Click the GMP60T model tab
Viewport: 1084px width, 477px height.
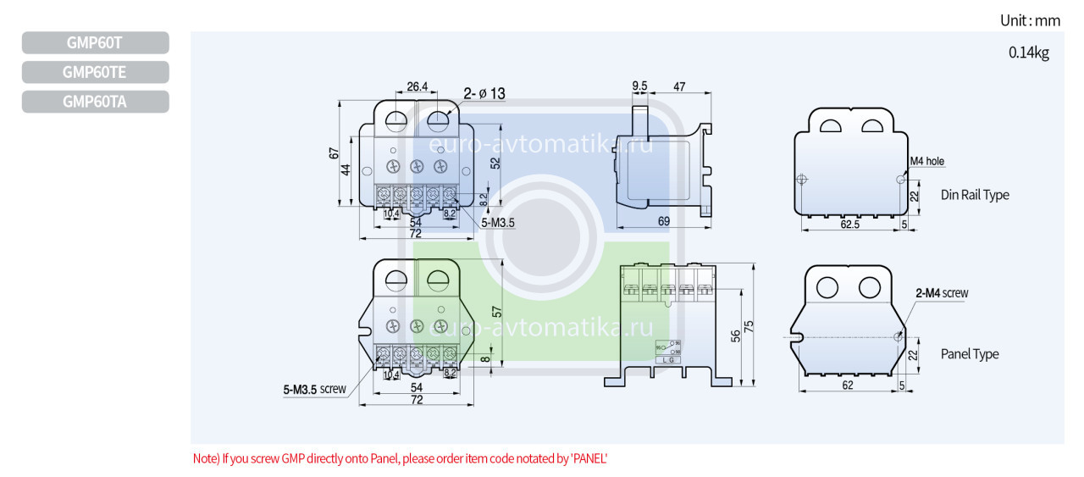(x=95, y=42)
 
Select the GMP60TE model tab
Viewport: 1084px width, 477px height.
(x=95, y=72)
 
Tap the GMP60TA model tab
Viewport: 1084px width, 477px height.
(x=95, y=102)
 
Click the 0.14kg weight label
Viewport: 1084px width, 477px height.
(x=1028, y=53)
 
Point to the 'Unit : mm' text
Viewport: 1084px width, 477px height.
(x=1030, y=20)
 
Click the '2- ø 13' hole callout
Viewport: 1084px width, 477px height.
(x=484, y=93)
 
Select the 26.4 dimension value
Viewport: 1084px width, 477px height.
(x=417, y=86)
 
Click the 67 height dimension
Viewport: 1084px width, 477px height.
(x=335, y=153)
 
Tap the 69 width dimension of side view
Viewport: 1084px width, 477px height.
(x=663, y=220)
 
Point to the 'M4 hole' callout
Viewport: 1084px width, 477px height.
(x=926, y=161)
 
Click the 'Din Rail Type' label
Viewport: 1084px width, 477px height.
(x=975, y=195)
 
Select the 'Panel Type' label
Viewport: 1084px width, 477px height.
(x=970, y=354)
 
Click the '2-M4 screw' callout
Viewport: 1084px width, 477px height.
(x=942, y=293)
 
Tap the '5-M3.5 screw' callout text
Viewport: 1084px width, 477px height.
(x=314, y=390)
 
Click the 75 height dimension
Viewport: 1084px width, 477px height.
(x=749, y=326)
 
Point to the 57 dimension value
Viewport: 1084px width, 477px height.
(x=497, y=312)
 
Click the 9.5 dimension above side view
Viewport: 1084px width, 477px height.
(x=639, y=86)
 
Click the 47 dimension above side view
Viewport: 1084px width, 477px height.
(x=679, y=86)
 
